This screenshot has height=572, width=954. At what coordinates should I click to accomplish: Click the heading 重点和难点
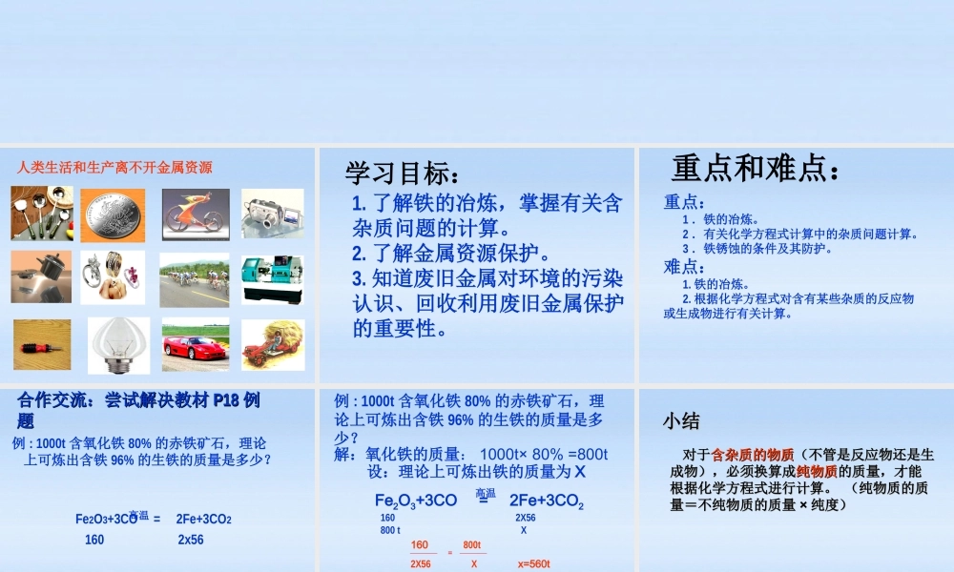click(x=757, y=169)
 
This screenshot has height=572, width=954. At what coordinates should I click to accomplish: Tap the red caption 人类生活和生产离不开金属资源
click(x=114, y=168)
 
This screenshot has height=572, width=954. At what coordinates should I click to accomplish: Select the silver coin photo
click(x=113, y=214)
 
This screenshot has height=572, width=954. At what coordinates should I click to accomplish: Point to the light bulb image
click(x=118, y=344)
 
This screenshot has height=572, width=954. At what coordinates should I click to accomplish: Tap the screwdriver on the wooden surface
click(x=42, y=344)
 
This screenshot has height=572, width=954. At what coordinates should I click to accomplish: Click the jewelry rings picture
click(x=113, y=277)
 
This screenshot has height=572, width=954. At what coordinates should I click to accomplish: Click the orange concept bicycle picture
click(x=195, y=214)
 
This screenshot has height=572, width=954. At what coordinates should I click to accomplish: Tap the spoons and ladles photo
click(x=42, y=214)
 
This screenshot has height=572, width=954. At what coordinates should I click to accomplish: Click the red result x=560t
click(x=534, y=563)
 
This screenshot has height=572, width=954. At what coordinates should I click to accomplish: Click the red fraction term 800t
click(x=472, y=544)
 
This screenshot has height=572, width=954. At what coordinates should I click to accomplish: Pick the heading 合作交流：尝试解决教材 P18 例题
click(x=138, y=409)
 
